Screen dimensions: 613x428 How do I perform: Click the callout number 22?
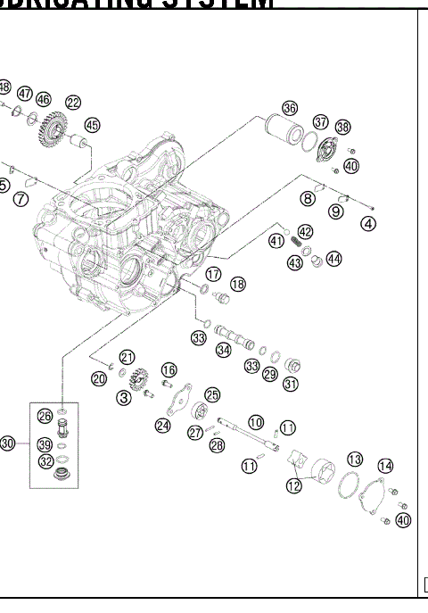[x=73, y=104]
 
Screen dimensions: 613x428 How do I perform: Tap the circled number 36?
[x=289, y=108]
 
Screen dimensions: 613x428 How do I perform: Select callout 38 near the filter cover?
[x=343, y=128]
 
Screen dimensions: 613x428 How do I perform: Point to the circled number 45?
[x=93, y=126]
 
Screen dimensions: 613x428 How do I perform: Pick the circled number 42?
[x=306, y=231]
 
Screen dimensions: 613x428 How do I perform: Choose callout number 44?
[x=334, y=259]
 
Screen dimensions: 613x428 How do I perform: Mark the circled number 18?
[x=237, y=284]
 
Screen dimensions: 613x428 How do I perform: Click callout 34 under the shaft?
[x=223, y=352]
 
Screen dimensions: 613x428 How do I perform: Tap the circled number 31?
[x=291, y=385]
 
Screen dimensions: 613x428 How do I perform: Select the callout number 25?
[x=212, y=394]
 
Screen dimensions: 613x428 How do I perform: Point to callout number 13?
[x=355, y=459]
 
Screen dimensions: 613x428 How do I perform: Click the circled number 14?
[x=385, y=466]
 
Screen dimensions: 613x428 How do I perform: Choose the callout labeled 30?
[x=8, y=443]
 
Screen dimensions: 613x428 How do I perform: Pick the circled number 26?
[x=44, y=415]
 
